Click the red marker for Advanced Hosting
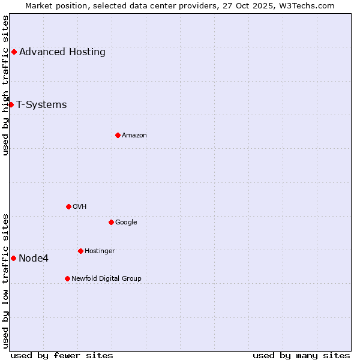pyautogui.click(x=14, y=52)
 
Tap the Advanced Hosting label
pyautogui.click(x=62, y=52)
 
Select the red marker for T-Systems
pyautogui.click(x=11, y=104)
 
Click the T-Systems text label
pyautogui.click(x=41, y=104)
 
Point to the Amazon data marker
pyautogui.click(x=118, y=135)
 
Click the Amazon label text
pyautogui.click(x=134, y=135)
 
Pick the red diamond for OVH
pyautogui.click(x=68, y=206)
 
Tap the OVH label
pyautogui.click(x=80, y=206)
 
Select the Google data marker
pyautogui.click(x=111, y=222)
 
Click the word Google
pyautogui.click(x=126, y=222)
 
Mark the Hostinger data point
pyautogui.click(x=80, y=251)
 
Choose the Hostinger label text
pyautogui.click(x=100, y=251)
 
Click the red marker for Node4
pyautogui.click(x=13, y=258)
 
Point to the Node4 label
pyautogui.click(x=34, y=259)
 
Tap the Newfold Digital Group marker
pyautogui.click(x=67, y=278)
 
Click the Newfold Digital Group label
pyautogui.click(x=106, y=278)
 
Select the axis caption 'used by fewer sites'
pyautogui.click(x=62, y=355)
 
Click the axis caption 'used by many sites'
pyautogui.click(x=301, y=355)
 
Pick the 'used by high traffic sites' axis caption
pyautogui.click(x=6, y=85)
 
